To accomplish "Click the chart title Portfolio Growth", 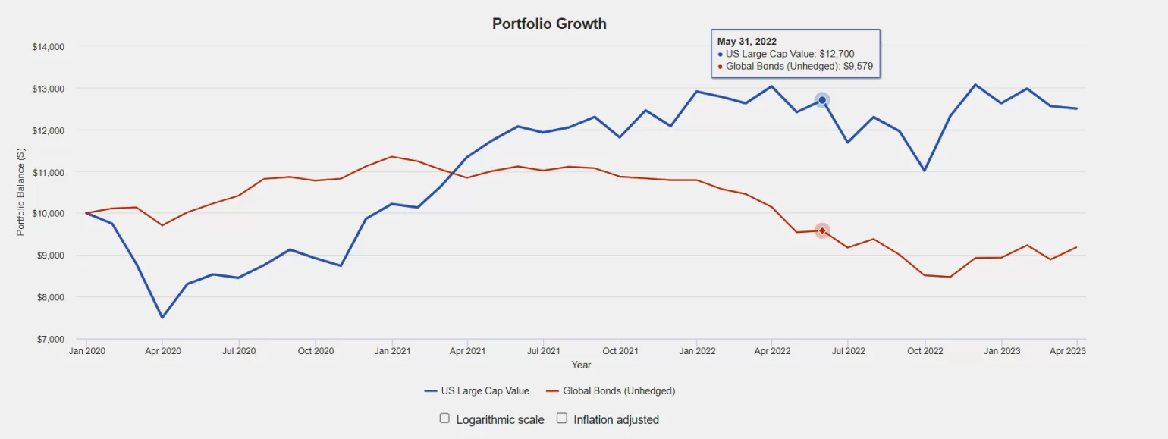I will click(x=549, y=24).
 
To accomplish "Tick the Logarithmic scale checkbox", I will click(x=444, y=419).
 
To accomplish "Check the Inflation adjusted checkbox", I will click(x=562, y=419).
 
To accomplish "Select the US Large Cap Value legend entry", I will click(x=477, y=391).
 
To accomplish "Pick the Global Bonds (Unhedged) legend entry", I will click(x=611, y=391).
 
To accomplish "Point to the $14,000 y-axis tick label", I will click(x=49, y=46).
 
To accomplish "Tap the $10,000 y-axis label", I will click(x=49, y=214).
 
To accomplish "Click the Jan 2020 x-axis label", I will click(x=86, y=351).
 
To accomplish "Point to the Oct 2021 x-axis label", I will click(x=620, y=351).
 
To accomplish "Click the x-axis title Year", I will click(x=582, y=365).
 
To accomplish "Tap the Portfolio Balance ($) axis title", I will click(x=20, y=193).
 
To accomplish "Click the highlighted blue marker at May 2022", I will click(x=822, y=100).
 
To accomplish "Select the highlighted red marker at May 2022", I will click(x=822, y=230).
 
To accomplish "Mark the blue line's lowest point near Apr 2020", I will click(x=162, y=318).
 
